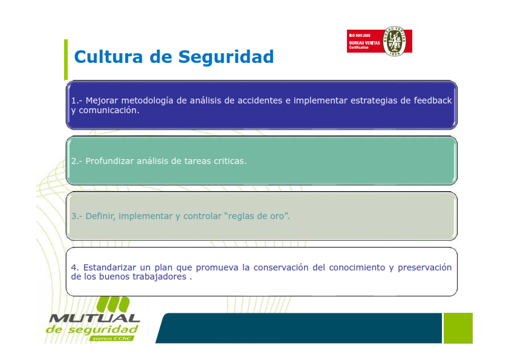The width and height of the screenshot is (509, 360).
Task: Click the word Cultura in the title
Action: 108,56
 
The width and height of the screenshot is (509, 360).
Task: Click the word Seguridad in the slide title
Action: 226,57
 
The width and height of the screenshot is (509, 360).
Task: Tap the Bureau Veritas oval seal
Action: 394,41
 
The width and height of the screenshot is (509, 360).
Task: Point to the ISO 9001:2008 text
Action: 360,36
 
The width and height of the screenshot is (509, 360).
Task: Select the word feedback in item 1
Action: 432,100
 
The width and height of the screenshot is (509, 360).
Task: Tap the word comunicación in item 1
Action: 109,111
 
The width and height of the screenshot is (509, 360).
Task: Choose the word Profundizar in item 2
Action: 109,161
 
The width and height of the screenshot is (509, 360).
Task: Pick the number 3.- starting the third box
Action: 77,216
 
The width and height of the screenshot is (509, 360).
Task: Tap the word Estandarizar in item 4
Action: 110,267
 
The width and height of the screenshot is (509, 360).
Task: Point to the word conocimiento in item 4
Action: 357,267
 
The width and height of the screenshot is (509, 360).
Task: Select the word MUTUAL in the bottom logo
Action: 94,318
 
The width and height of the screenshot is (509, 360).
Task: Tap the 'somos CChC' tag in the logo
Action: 111,339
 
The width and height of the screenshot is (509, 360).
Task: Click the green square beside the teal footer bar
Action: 458,328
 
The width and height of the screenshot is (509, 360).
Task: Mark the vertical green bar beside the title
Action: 66,60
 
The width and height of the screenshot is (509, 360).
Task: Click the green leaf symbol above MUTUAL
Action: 113,305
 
